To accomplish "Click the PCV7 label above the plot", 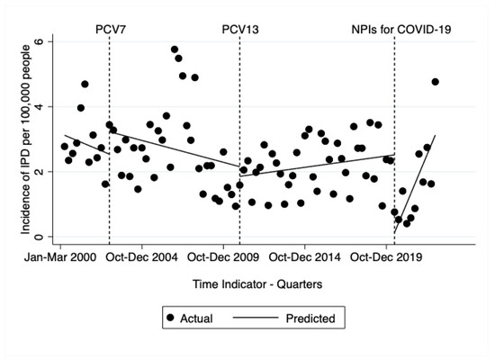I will click(x=110, y=28).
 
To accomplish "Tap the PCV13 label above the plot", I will click(x=239, y=28).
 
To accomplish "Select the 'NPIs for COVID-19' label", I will click(x=400, y=28).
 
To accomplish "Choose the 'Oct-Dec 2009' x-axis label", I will click(x=225, y=257).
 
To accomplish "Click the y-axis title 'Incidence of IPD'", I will click(x=15, y=140).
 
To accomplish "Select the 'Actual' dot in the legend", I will click(x=170, y=318).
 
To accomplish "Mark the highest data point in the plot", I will click(x=175, y=49).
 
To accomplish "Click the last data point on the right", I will click(x=436, y=82).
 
